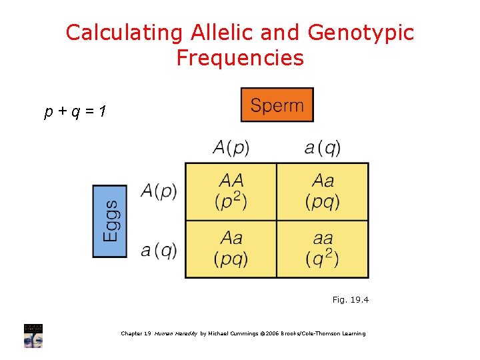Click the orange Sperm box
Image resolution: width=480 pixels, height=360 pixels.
tap(277, 105)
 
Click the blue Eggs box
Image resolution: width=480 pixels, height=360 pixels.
tap(109, 221)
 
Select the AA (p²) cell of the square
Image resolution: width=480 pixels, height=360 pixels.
tap(231, 191)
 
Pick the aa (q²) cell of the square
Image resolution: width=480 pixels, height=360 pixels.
tap(323, 249)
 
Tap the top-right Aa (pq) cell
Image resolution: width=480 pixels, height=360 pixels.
tap(323, 191)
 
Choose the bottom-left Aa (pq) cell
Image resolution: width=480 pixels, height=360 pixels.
tap(231, 249)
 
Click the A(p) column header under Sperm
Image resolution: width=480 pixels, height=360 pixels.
tap(231, 147)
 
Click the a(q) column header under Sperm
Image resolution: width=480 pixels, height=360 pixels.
tap(323, 147)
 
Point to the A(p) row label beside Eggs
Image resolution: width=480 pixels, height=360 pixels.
tap(159, 191)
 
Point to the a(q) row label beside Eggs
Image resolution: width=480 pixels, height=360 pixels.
tap(159, 249)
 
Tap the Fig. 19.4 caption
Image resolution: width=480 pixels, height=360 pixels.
tap(350, 300)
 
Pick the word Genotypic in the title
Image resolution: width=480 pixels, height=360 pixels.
tap(361, 33)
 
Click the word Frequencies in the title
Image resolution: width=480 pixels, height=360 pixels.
tap(240, 58)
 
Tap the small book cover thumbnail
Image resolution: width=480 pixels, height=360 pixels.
tap(33, 335)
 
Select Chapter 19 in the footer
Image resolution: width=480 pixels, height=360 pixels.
tap(136, 333)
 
